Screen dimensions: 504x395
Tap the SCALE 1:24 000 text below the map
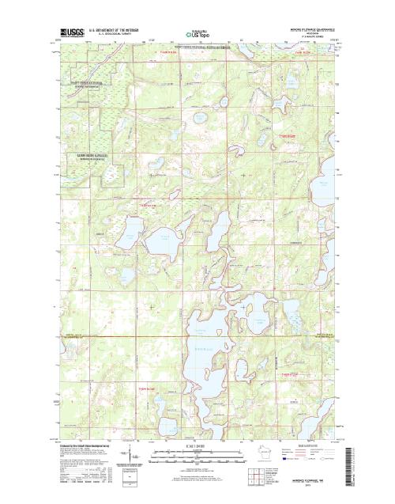197,450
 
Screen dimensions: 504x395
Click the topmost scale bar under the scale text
197,456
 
